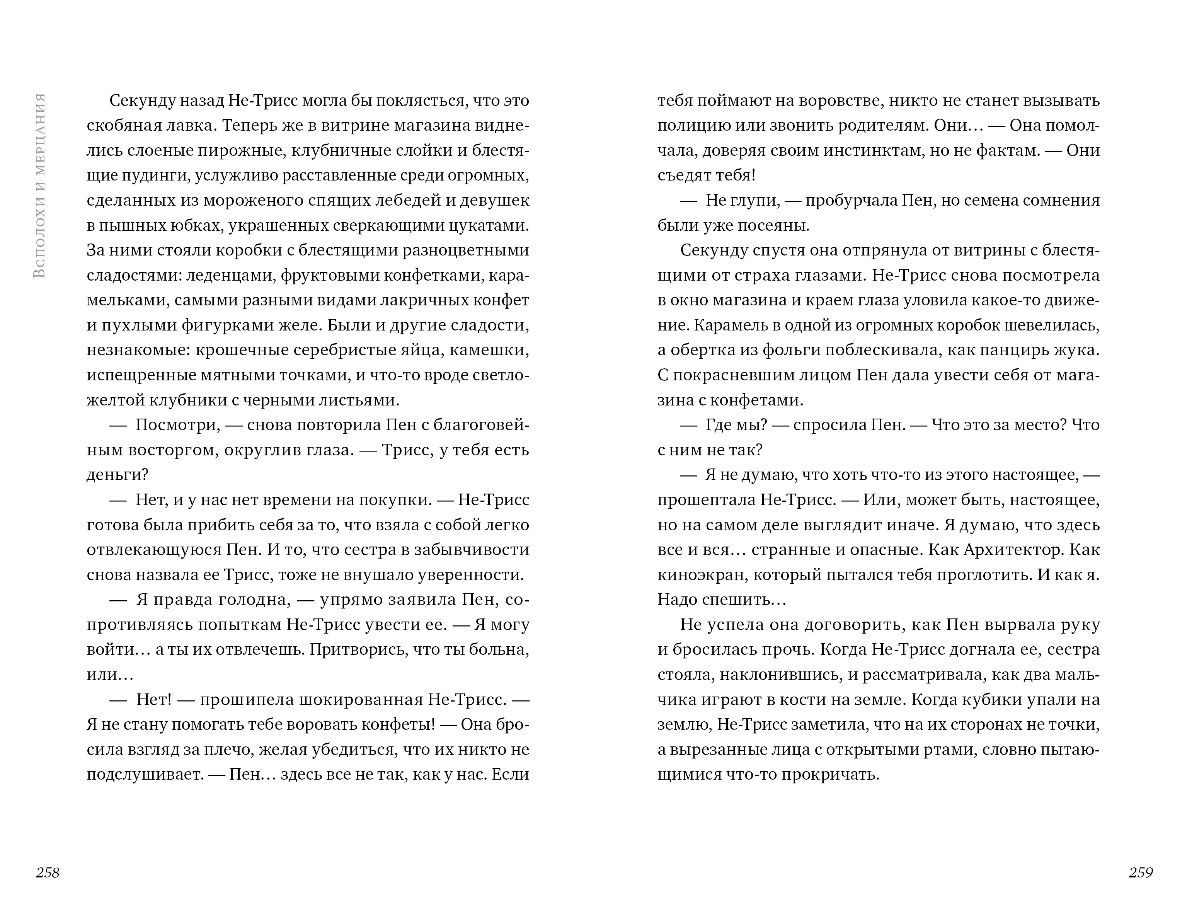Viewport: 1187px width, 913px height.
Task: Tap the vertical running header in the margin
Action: click(x=39, y=185)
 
